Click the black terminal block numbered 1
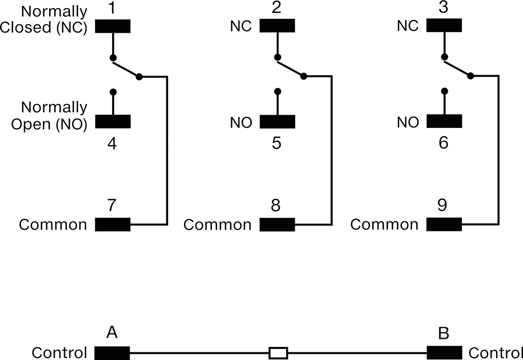(113, 26)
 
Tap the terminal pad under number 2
(277, 26)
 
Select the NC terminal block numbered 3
(444, 26)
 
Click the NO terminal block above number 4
(113, 122)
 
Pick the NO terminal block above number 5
(277, 122)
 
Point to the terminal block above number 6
(445, 121)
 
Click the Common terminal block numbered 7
(113, 225)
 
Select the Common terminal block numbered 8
(277, 225)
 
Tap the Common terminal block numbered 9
(444, 224)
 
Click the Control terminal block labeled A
(112, 353)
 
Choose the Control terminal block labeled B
(445, 353)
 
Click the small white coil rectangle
(278, 353)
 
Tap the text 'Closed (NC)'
(43, 27)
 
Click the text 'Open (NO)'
(49, 124)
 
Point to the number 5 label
(276, 143)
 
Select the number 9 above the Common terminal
(442, 205)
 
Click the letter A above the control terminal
(112, 333)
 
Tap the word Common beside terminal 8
(218, 225)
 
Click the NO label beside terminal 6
(408, 123)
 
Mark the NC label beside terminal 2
(241, 26)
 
